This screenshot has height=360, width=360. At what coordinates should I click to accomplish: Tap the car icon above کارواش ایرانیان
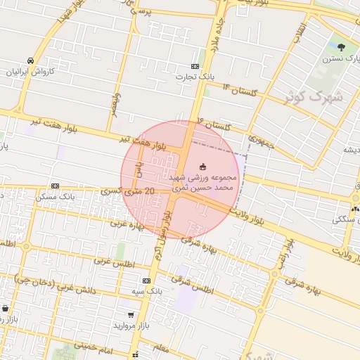[30, 60]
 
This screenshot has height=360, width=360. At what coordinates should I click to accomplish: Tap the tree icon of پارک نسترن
[342, 48]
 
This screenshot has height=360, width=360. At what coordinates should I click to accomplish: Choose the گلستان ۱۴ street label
[240, 89]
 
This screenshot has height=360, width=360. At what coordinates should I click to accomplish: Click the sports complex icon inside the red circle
[203, 167]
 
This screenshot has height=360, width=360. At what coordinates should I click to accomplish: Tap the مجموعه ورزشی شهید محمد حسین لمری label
[208, 184]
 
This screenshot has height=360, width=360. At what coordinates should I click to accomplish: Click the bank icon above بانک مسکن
[55, 186]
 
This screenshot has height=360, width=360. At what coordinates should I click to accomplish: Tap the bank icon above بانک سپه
[146, 281]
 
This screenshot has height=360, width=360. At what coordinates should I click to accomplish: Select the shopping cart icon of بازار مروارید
[131, 315]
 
